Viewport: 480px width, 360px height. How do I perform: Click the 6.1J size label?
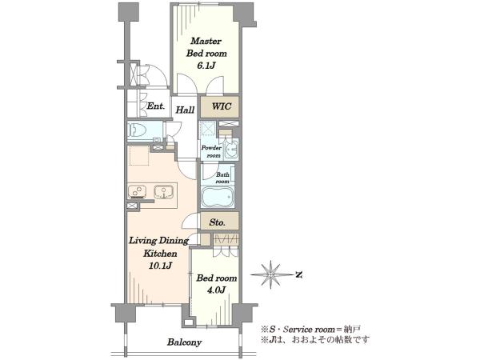coord(206,66)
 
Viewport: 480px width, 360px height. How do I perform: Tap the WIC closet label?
coord(222,106)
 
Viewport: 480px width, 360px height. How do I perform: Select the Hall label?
coord(185,110)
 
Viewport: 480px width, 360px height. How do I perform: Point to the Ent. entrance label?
coord(156,106)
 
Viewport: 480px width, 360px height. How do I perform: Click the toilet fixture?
coord(137,130)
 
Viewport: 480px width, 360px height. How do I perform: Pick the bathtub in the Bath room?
coord(218,196)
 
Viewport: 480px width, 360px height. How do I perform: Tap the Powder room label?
coord(211,151)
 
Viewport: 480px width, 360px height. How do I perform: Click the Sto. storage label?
coord(218,222)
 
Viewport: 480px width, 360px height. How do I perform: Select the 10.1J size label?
coord(160,266)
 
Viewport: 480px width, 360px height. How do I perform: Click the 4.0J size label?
coord(217,290)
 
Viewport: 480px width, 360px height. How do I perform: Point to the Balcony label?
coord(184,342)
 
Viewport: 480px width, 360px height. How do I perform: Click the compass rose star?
coord(271,274)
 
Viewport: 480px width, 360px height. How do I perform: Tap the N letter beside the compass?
coord(299,274)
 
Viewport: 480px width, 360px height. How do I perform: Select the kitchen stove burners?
coord(137,191)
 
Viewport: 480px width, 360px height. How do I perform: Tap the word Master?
coord(206,41)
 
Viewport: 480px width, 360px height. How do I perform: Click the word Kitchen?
coord(161,254)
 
